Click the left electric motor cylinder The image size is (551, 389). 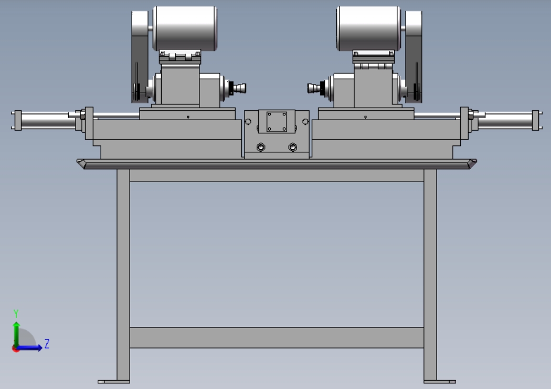coord(185,28)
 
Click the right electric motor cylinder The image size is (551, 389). coord(368,28)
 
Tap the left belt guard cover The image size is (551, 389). coord(140,57)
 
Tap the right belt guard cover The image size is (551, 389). coord(414,57)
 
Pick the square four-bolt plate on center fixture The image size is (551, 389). coord(277,122)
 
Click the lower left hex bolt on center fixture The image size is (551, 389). coord(261,147)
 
